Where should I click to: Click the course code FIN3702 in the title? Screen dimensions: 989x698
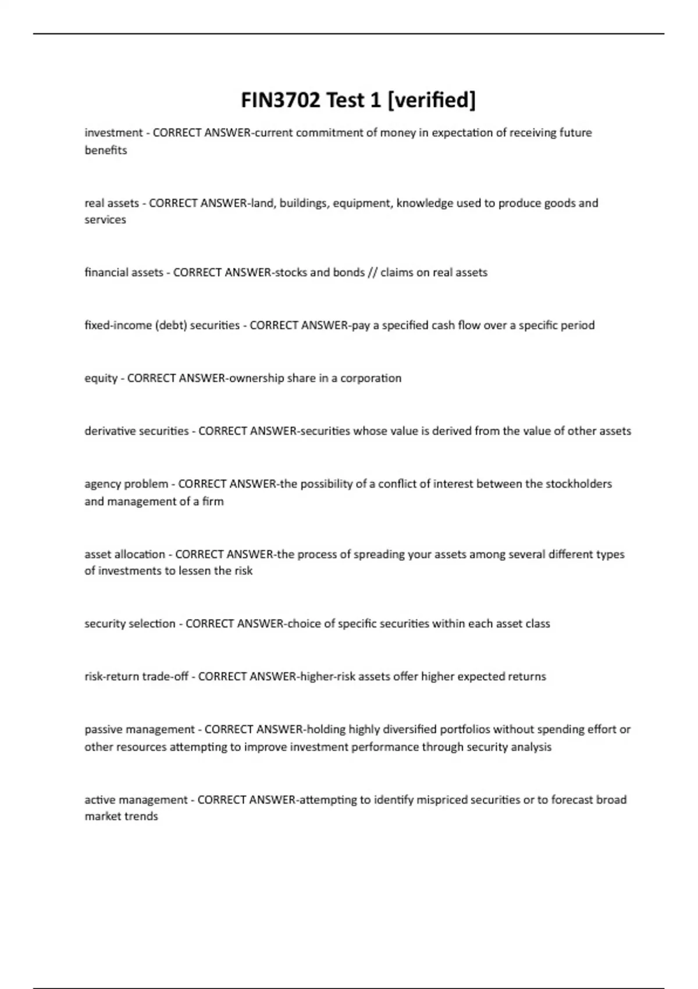coord(281,100)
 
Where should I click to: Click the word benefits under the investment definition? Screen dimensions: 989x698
coord(105,150)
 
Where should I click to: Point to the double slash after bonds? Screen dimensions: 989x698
coord(372,272)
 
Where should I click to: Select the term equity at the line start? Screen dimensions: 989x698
coord(101,378)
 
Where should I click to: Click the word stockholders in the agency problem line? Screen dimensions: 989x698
coord(578,484)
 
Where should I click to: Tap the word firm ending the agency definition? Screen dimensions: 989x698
coord(213,501)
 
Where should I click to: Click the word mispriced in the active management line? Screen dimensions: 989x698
coord(437,800)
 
